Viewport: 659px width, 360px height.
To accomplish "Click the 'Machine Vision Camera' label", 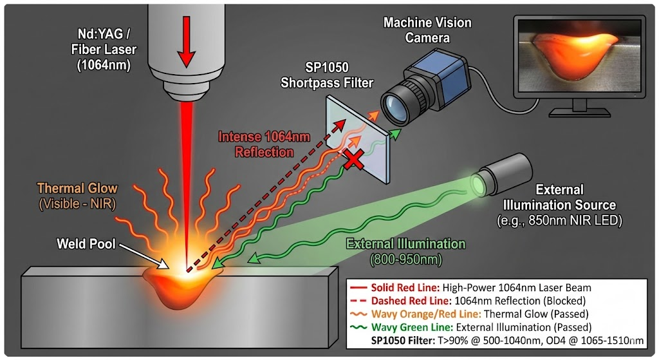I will click(427, 30).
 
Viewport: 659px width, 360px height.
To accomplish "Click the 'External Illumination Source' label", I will click(557, 198).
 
